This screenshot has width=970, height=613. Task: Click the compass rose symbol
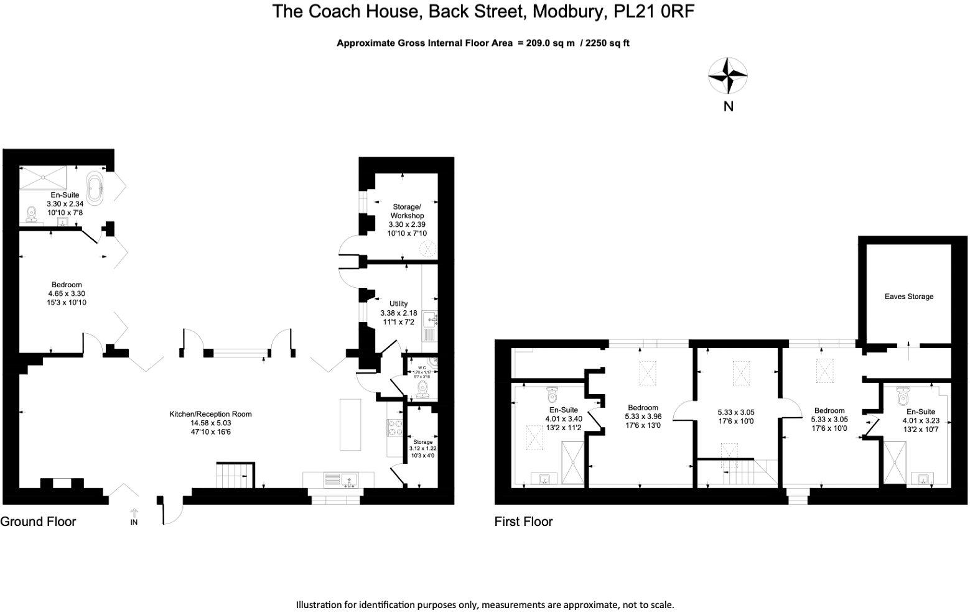pos(728,76)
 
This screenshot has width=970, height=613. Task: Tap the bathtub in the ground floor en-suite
pos(96,188)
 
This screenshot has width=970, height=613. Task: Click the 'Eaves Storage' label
pos(908,297)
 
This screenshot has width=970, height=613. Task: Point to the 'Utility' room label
pos(398,304)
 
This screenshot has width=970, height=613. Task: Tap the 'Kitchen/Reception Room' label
pos(210,414)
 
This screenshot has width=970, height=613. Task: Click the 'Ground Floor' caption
pos(38,522)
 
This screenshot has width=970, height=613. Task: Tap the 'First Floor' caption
pos(523,522)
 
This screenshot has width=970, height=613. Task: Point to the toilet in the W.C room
pos(424,389)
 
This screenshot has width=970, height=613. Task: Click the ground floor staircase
pos(235,476)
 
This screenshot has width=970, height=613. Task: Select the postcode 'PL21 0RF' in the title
pos(655,11)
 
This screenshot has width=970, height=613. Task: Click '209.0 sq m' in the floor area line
pos(546,43)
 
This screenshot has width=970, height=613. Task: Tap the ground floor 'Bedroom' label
pos(67,285)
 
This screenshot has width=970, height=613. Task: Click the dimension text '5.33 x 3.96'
pos(643,417)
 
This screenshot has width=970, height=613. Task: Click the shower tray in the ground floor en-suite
pos(43,178)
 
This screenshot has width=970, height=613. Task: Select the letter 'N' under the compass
pos(728,106)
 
